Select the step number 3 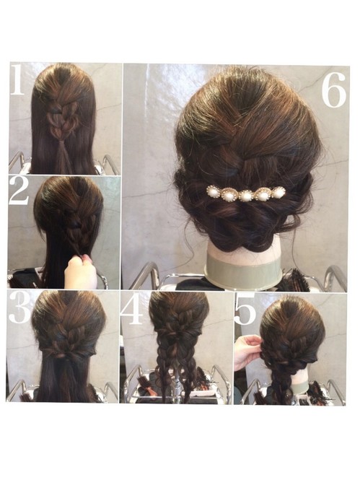pos(19,307)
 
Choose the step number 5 pos(245,309)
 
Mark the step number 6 pos(334,90)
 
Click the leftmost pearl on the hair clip pos(212,191)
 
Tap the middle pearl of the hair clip pos(245,196)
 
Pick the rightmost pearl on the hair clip pos(278,193)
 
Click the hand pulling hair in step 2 pos(81,272)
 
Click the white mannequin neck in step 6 pos(243,248)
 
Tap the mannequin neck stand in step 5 pos(299,381)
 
